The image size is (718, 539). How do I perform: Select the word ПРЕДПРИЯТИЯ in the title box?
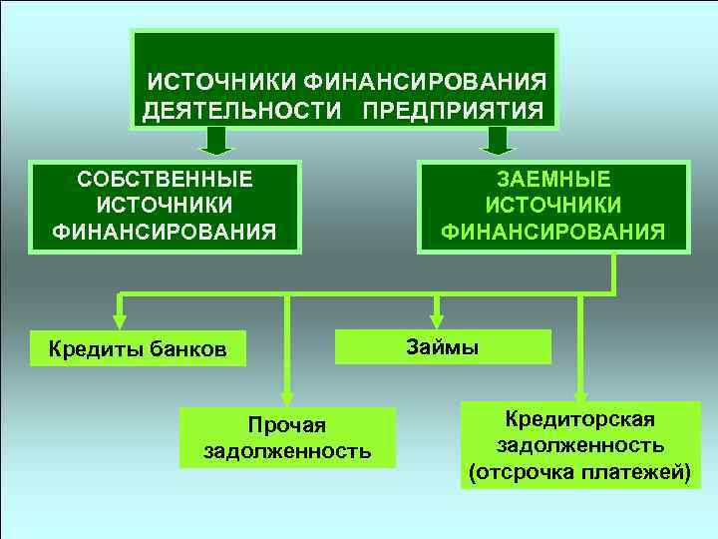(x=453, y=107)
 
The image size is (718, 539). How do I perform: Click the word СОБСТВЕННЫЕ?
(x=166, y=180)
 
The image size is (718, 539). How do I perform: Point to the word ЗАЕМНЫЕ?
(x=554, y=180)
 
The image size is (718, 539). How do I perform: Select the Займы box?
(x=443, y=346)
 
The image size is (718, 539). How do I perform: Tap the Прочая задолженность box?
(x=287, y=438)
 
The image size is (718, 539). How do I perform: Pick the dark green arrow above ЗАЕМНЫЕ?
(x=496, y=142)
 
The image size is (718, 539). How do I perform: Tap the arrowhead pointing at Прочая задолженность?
(x=287, y=396)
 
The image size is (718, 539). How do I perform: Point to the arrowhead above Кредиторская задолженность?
(x=580, y=390)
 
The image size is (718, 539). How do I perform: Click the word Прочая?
(x=287, y=425)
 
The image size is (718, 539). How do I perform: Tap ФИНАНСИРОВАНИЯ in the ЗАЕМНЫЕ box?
(x=554, y=232)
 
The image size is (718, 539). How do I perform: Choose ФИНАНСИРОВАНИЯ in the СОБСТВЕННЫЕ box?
(x=166, y=232)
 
